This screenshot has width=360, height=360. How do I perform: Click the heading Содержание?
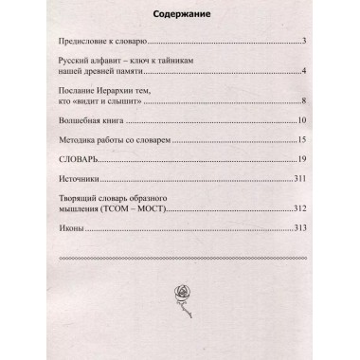[x=178, y=16]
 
